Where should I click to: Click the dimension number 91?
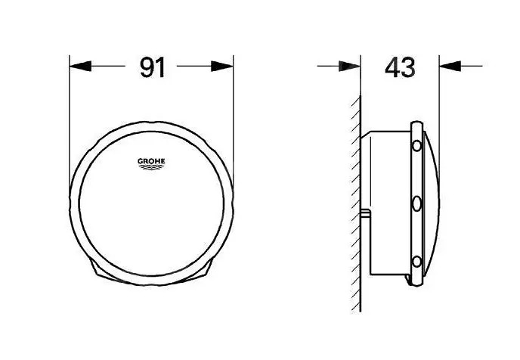tap(152, 67)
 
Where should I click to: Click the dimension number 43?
tap(400, 67)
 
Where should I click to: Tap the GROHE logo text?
tap(151, 161)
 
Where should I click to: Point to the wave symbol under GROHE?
tap(151, 167)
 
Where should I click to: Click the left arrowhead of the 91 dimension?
tap(80, 66)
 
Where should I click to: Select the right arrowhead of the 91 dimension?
tap(222, 66)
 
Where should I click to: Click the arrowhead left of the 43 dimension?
tap(349, 66)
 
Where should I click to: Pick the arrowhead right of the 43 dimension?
tap(450, 66)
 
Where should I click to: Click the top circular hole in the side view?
tap(416, 146)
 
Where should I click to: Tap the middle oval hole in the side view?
tap(416, 203)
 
